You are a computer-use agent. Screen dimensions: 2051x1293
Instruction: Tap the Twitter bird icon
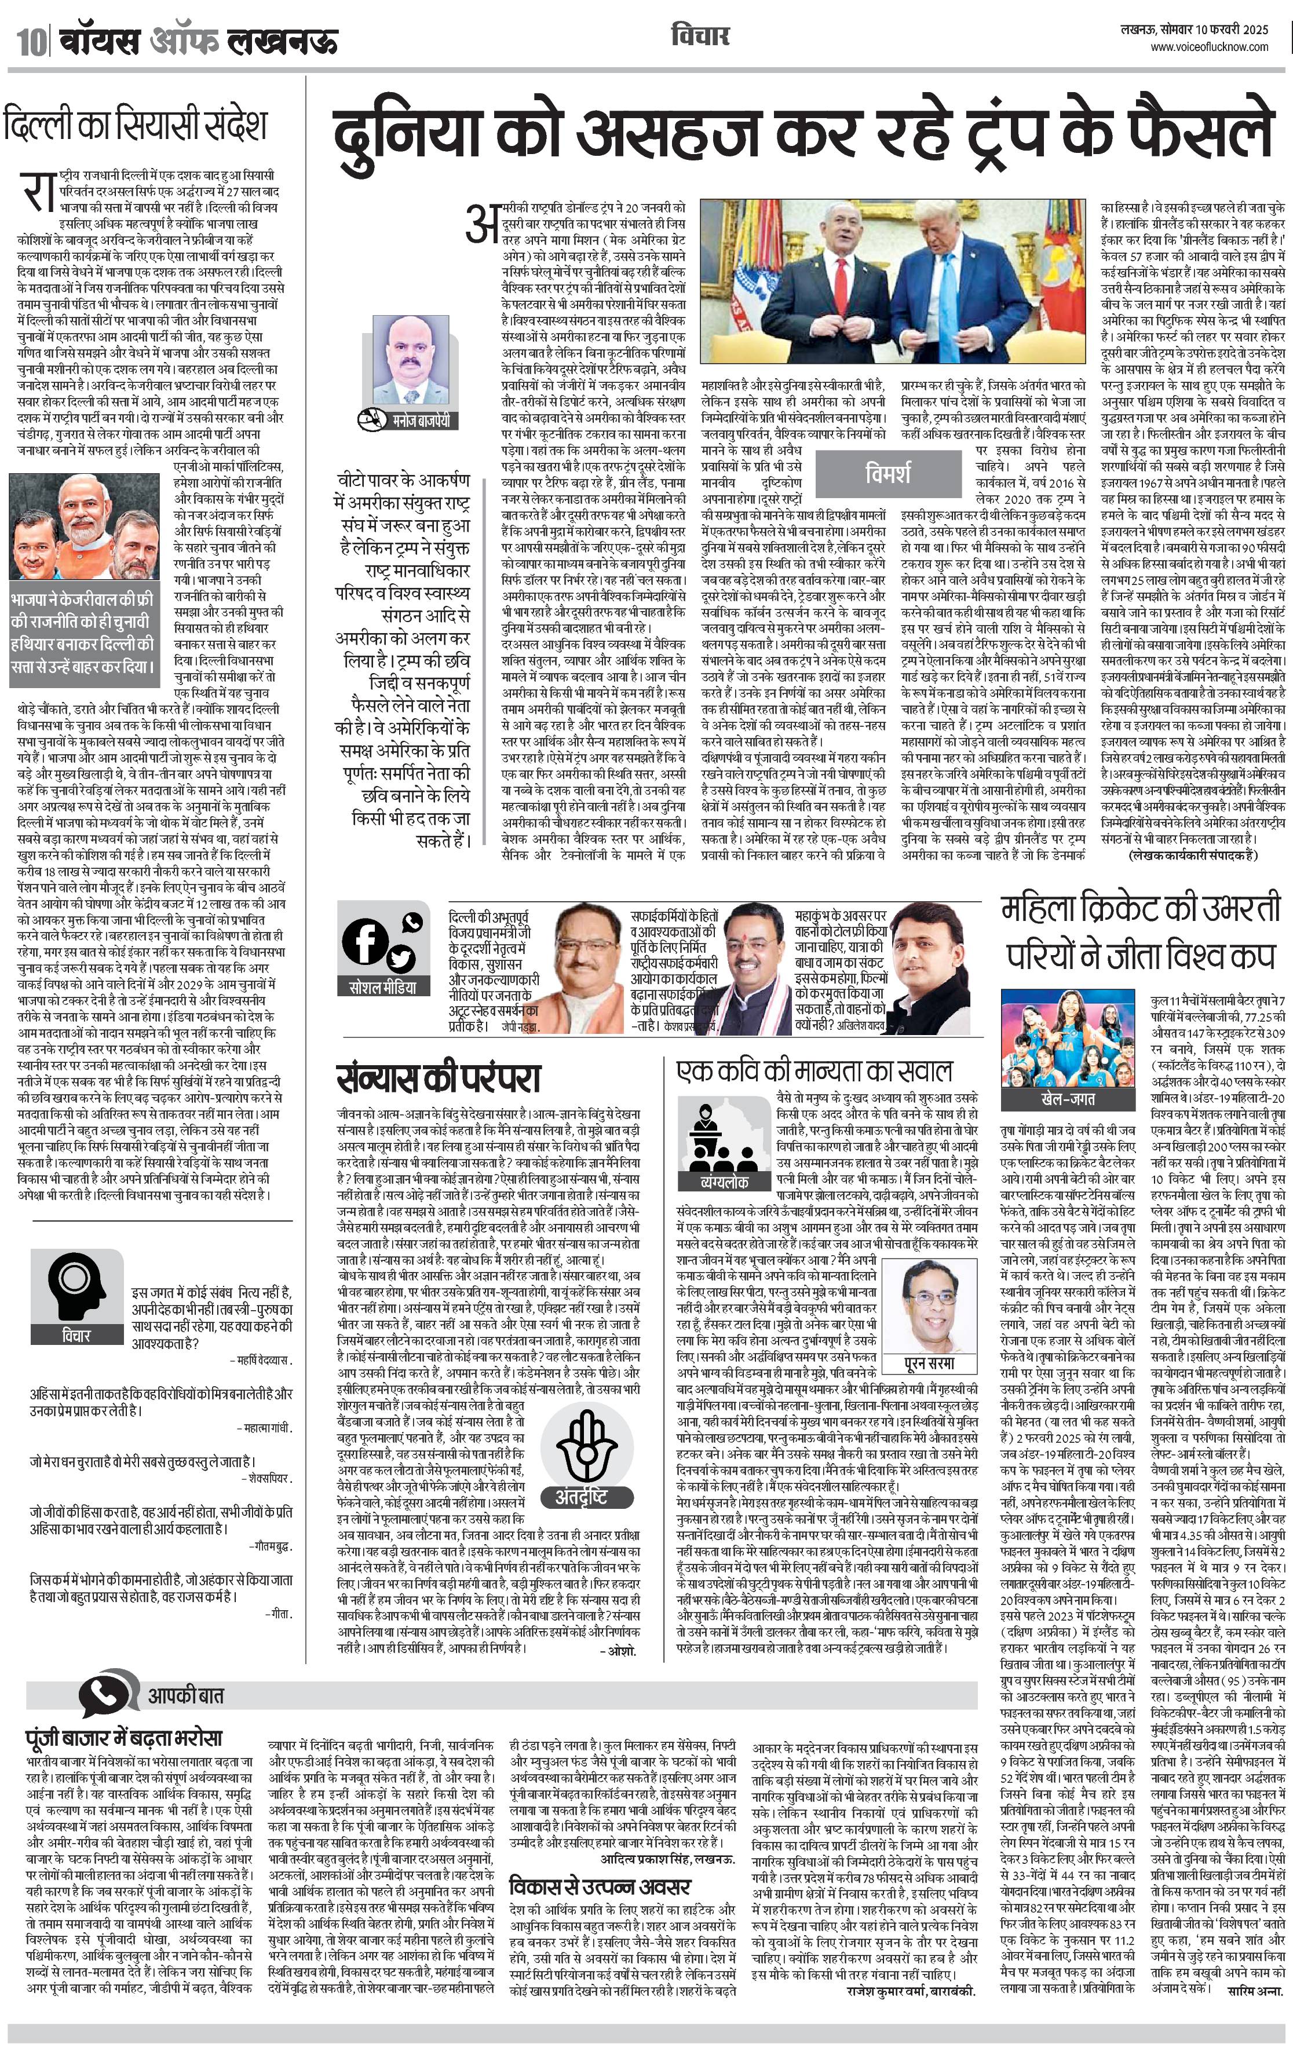point(400,958)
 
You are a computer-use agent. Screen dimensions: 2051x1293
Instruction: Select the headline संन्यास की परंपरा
point(439,1077)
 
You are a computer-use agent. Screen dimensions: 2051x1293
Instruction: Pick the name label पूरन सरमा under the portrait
point(929,1363)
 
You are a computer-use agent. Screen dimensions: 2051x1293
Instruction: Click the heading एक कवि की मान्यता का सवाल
point(814,1070)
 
